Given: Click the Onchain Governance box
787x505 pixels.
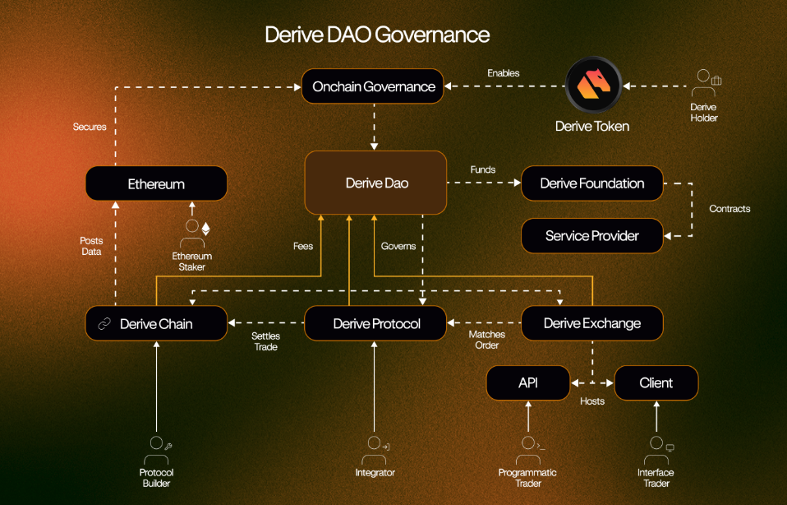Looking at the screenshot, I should pos(374,86).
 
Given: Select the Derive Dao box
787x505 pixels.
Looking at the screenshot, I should pos(376,183).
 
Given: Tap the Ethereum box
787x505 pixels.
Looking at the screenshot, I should pos(156,183).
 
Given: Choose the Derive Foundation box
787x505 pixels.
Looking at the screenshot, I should pos(591,183).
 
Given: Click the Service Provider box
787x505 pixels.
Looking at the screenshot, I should pos(591,236).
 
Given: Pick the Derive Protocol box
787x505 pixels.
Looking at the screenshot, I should pos(376,323).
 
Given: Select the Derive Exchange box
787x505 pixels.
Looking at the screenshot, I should pos(591,323).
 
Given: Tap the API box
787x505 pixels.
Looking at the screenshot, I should pos(527,382).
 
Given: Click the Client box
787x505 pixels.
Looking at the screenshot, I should pos(656,382).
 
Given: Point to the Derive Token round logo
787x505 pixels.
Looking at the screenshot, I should pos(592,84).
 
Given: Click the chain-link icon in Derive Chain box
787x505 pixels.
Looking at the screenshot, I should pos(104,324).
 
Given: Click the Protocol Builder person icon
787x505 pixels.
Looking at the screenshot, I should pos(155,449).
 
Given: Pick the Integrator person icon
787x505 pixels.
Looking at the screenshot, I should pos(374,449).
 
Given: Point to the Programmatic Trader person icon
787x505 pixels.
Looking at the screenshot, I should pos(527,449).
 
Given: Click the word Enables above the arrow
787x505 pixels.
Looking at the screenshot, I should pos(503,73).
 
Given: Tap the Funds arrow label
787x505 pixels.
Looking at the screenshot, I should pos(483,169).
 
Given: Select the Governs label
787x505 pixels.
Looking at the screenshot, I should pos(398,246).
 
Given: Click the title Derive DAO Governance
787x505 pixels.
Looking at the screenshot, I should pos(377,35).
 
